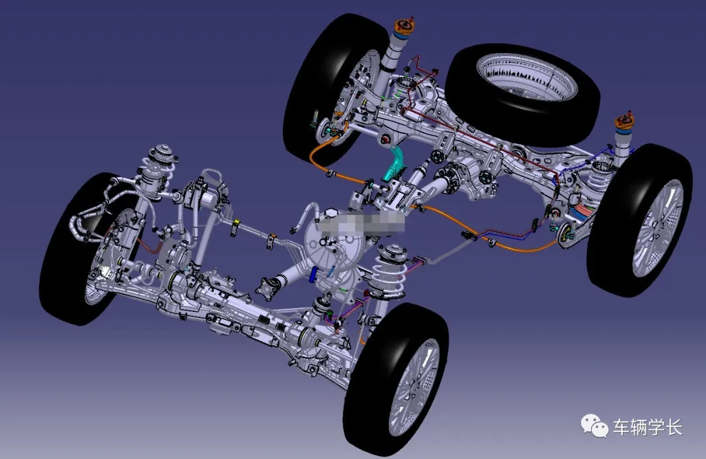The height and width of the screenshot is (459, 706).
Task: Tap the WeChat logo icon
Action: pyautogui.click(x=594, y=426)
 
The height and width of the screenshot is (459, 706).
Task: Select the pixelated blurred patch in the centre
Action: pyautogui.click(x=360, y=222)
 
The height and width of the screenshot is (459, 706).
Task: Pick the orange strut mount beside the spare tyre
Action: pyautogui.click(x=624, y=120)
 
